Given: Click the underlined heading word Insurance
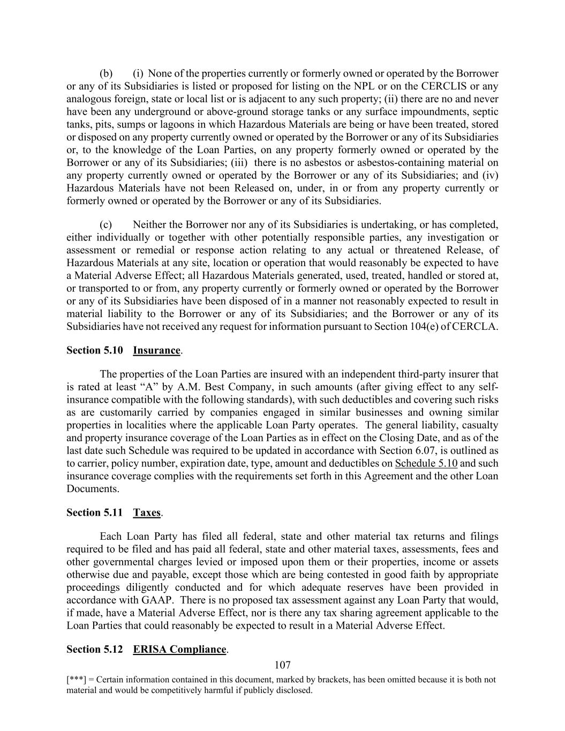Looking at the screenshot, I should (x=156, y=350).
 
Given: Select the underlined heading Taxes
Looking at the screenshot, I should (x=147, y=513).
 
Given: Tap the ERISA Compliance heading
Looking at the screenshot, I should (x=179, y=649).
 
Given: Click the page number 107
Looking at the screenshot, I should (x=282, y=665).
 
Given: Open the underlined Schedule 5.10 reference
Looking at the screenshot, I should (x=426, y=463).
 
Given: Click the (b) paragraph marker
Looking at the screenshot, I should (x=106, y=73).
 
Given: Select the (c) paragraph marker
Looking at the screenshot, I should (x=106, y=224).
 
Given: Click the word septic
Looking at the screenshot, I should (x=484, y=111).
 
